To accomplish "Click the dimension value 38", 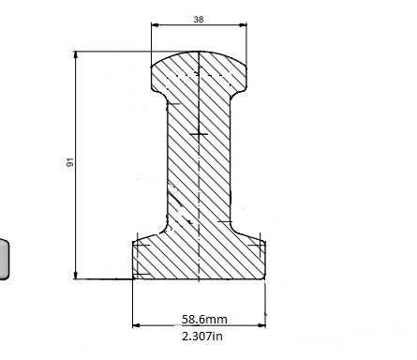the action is [x=199, y=20].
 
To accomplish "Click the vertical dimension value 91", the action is [x=70, y=162].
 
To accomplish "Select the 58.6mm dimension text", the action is [x=204, y=319].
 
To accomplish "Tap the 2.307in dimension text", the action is [x=202, y=336].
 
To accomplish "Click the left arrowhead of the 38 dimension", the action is [x=155, y=25].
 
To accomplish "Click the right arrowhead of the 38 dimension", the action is [x=243, y=25].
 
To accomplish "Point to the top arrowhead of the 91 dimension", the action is [x=76, y=55].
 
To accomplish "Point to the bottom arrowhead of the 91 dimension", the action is [x=76, y=275].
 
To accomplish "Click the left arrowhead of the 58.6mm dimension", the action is [x=137, y=325].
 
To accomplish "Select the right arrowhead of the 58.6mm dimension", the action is [x=261, y=325].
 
